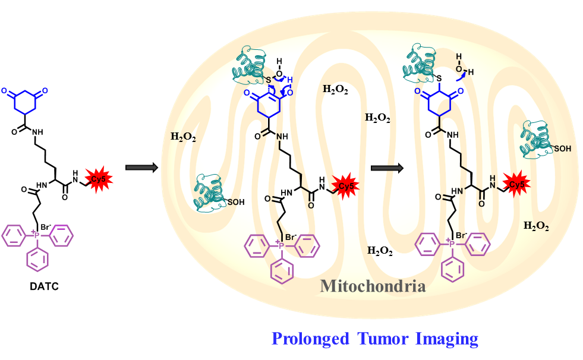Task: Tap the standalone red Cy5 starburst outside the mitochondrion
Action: [x=96, y=179]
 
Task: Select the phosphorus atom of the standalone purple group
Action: [x=37, y=236]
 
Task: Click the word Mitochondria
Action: [x=373, y=286]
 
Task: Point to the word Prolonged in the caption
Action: [x=308, y=339]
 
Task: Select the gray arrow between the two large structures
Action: [x=387, y=168]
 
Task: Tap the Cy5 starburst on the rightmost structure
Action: [x=515, y=184]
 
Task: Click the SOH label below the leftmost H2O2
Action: [x=236, y=202]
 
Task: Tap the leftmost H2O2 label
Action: [x=184, y=137]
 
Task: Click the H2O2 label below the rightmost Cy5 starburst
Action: [x=536, y=226]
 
